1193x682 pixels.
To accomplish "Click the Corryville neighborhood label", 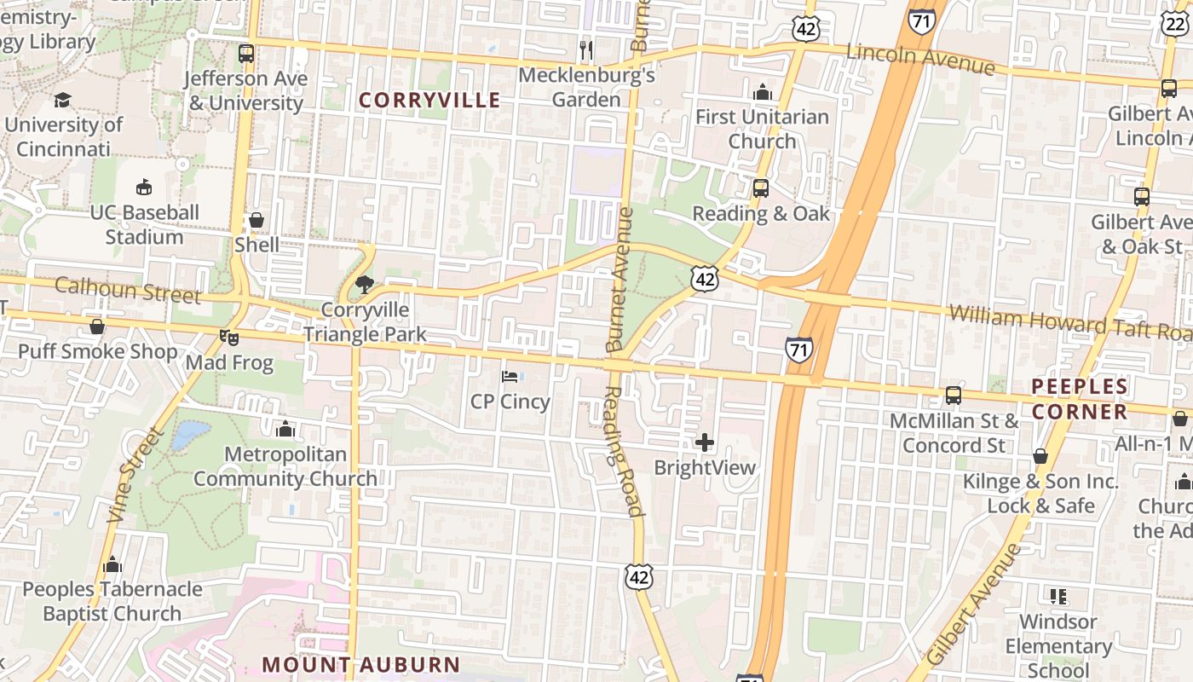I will point(429,100).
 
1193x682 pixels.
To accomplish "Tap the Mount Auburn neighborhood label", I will point(360,664).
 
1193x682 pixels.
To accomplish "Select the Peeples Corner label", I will point(1080,399).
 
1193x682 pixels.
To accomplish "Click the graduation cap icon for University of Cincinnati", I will point(62,100).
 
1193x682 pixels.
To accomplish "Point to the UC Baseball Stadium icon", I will point(144,188).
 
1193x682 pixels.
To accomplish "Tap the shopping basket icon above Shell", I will point(256,220).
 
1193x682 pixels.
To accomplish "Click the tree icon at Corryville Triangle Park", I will point(364,285).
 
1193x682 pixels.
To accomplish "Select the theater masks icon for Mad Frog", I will point(228,338).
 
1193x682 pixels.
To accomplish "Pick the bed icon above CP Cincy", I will point(510,376).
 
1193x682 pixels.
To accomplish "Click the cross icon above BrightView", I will point(705,442).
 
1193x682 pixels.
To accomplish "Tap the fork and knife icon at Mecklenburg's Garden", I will point(585,50).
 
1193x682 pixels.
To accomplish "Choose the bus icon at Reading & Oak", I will point(760,188).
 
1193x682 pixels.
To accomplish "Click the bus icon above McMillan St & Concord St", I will point(954,396).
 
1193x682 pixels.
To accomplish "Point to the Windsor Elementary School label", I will point(1058,645).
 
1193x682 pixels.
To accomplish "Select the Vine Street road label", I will point(135,474).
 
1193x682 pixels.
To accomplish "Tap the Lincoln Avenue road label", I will point(920,60).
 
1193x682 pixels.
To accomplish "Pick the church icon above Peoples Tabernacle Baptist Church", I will point(112,564).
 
